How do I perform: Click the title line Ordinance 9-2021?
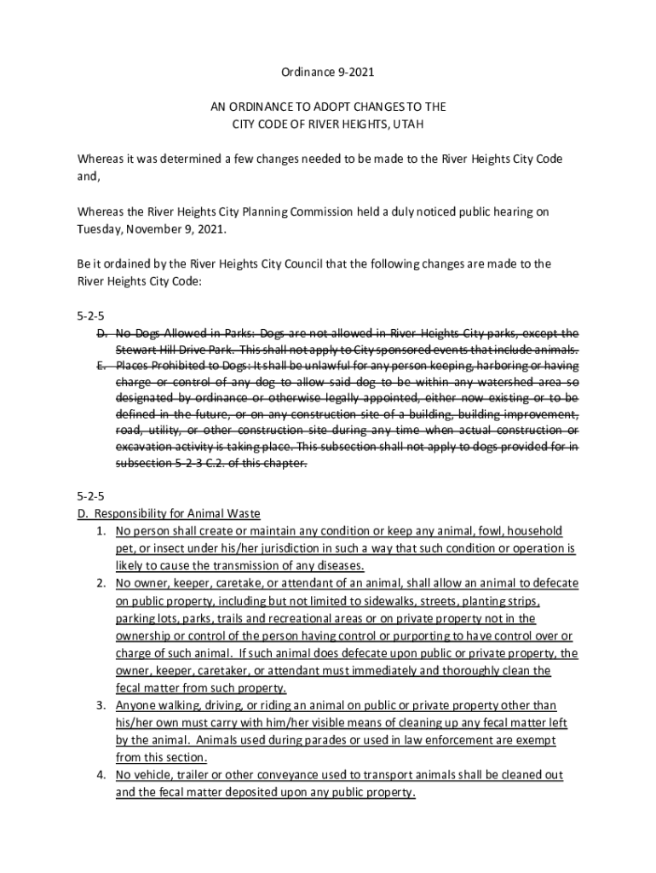tap(328, 73)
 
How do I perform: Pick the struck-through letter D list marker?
tap(101, 332)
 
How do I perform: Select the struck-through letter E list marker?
tap(101, 365)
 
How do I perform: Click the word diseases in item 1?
tap(339, 565)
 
